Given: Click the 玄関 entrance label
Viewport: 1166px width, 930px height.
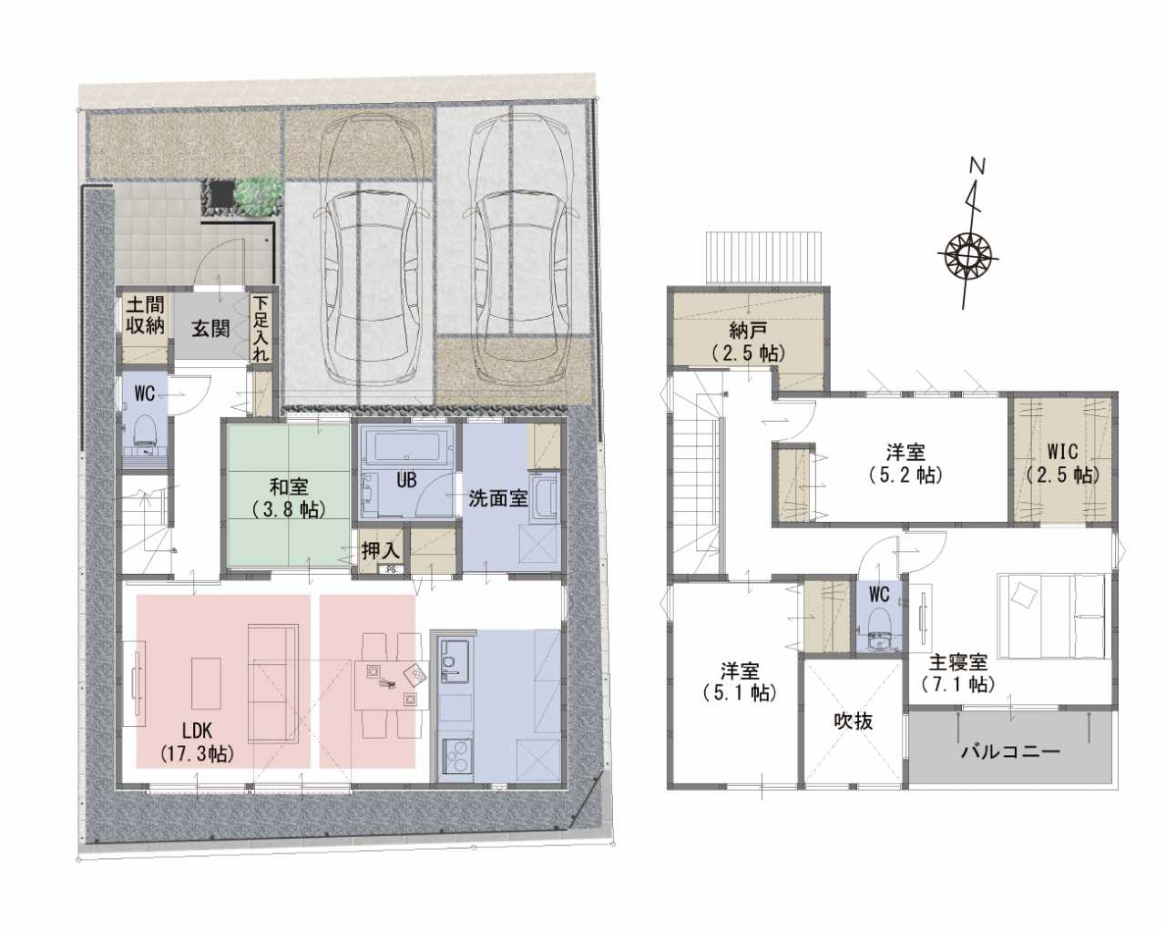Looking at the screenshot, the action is (x=210, y=329).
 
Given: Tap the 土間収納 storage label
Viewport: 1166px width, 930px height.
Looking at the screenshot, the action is (x=145, y=314).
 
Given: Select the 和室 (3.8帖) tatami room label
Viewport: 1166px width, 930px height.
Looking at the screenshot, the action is (x=289, y=498).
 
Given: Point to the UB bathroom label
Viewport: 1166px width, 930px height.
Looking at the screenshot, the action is (x=406, y=480).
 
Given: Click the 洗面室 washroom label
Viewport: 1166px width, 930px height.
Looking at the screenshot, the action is (x=498, y=498).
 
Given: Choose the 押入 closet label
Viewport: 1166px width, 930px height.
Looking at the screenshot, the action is (x=381, y=551).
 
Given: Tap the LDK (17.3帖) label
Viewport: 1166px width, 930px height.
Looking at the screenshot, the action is (x=198, y=742).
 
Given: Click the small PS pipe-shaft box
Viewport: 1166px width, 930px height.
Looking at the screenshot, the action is (x=390, y=569).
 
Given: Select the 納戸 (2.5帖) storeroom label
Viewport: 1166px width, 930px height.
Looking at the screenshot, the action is (x=748, y=342).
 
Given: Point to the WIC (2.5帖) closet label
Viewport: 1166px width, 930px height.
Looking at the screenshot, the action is (x=1062, y=464).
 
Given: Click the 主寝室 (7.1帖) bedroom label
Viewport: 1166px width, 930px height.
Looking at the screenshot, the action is (x=958, y=673).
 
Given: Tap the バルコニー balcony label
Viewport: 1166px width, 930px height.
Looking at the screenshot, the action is (x=1011, y=751).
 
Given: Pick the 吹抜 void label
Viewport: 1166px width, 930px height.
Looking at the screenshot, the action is (x=853, y=721).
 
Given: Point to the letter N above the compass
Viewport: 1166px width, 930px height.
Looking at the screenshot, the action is (x=977, y=166).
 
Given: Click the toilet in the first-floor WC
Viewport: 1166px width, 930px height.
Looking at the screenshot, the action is (x=144, y=433).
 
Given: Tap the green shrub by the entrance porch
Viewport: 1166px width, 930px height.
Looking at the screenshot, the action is (x=259, y=196).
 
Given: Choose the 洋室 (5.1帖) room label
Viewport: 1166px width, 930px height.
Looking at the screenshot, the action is (x=740, y=681).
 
